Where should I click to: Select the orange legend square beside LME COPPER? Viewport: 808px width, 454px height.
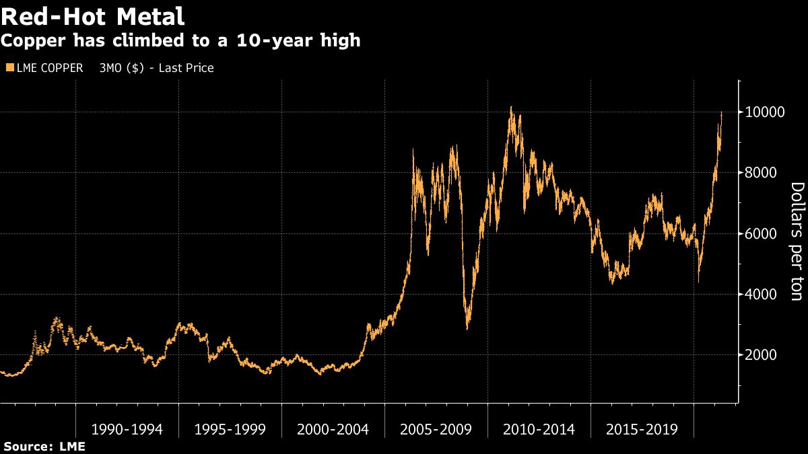(x=9, y=68)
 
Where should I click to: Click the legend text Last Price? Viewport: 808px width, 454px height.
(x=186, y=68)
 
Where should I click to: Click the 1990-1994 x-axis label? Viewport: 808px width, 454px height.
(x=127, y=429)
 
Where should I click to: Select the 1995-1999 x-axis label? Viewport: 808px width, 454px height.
(x=230, y=429)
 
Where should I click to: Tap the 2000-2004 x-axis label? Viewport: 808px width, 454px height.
(x=333, y=429)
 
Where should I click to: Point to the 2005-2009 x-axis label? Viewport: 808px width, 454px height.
(x=436, y=429)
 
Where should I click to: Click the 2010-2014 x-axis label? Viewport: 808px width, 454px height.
(x=539, y=429)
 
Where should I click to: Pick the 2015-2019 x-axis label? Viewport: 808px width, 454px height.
(x=642, y=429)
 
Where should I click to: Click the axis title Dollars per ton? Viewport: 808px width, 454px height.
(x=796, y=241)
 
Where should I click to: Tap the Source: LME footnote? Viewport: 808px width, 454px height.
(x=44, y=447)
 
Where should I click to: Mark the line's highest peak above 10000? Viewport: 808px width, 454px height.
(x=511, y=106)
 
